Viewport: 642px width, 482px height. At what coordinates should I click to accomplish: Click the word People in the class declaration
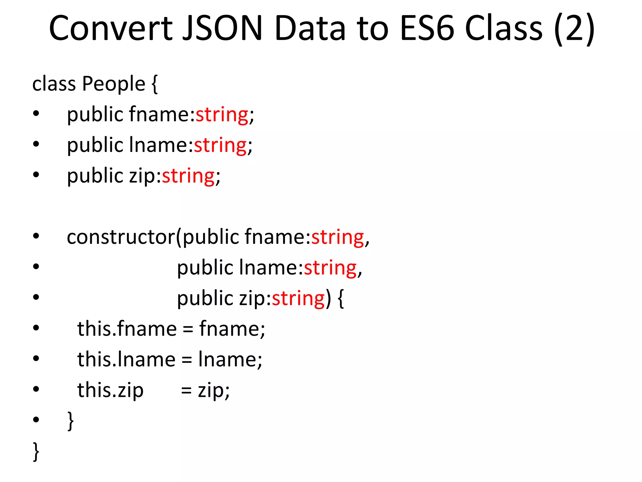click(x=113, y=84)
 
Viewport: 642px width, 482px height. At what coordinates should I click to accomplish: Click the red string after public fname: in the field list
click(x=222, y=115)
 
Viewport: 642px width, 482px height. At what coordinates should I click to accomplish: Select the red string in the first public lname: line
click(x=220, y=145)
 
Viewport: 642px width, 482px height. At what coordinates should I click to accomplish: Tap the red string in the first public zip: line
click(x=188, y=176)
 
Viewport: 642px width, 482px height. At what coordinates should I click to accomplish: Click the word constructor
click(x=121, y=237)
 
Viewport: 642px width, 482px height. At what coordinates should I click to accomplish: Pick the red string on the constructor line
click(x=337, y=237)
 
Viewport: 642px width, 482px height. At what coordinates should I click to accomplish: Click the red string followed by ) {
click(x=298, y=298)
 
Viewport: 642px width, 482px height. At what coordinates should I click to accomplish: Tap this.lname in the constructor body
click(x=126, y=359)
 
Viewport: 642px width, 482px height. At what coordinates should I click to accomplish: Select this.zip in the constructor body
click(x=110, y=390)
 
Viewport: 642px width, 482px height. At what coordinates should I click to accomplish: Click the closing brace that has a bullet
click(x=71, y=420)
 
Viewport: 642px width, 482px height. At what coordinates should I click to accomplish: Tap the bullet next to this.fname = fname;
click(x=36, y=328)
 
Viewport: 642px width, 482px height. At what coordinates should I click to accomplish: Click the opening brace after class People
click(x=154, y=84)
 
